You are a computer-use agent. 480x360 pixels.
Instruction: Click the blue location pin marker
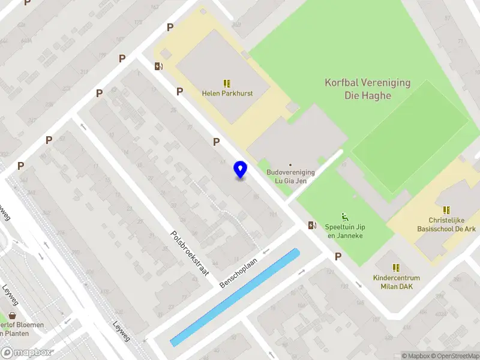pyautogui.click(x=241, y=170)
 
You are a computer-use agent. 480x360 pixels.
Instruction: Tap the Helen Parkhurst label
pyautogui.click(x=227, y=94)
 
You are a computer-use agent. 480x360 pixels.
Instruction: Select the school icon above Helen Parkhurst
pyautogui.click(x=227, y=83)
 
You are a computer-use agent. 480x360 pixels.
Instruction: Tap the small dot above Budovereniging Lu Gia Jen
pyautogui.click(x=291, y=164)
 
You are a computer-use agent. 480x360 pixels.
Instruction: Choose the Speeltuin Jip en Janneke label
pyautogui.click(x=345, y=231)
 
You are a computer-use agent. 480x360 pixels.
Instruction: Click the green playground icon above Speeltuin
pyautogui.click(x=345, y=217)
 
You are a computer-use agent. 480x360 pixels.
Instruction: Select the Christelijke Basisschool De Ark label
pyautogui.click(x=446, y=224)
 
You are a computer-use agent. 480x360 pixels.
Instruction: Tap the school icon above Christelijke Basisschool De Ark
pyautogui.click(x=446, y=210)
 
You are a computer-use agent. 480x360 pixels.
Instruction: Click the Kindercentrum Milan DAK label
pyautogui.click(x=396, y=282)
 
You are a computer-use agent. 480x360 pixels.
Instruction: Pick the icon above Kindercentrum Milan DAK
pyautogui.click(x=396, y=268)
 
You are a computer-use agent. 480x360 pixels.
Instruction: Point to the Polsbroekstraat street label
pyautogui.click(x=189, y=253)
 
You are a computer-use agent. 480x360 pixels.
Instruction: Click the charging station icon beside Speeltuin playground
pyautogui.click(x=311, y=226)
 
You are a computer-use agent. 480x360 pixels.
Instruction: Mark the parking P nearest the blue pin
pyautogui.click(x=216, y=142)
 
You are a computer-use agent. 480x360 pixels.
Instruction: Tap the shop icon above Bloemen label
pyautogui.click(x=12, y=315)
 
